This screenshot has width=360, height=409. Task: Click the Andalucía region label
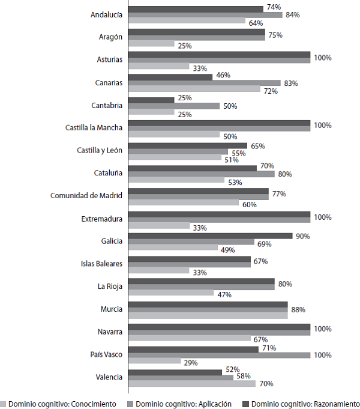click(106, 14)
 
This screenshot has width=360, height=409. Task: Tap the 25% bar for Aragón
click(151, 44)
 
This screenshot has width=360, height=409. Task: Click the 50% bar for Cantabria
click(174, 106)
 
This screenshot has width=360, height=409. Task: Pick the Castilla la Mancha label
click(94, 127)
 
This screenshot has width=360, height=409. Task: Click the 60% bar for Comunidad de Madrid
click(183, 202)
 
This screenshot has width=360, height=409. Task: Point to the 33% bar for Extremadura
click(158, 226)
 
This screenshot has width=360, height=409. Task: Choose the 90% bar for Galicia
click(210, 235)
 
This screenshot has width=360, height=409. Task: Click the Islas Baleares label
click(101, 263)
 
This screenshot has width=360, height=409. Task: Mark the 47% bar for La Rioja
click(171, 292)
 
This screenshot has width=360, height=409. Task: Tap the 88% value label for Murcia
click(298, 310)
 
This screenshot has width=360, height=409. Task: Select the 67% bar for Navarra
click(190, 338)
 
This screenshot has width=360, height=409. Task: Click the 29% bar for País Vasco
click(154, 360)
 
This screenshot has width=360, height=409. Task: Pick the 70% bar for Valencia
click(191, 383)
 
